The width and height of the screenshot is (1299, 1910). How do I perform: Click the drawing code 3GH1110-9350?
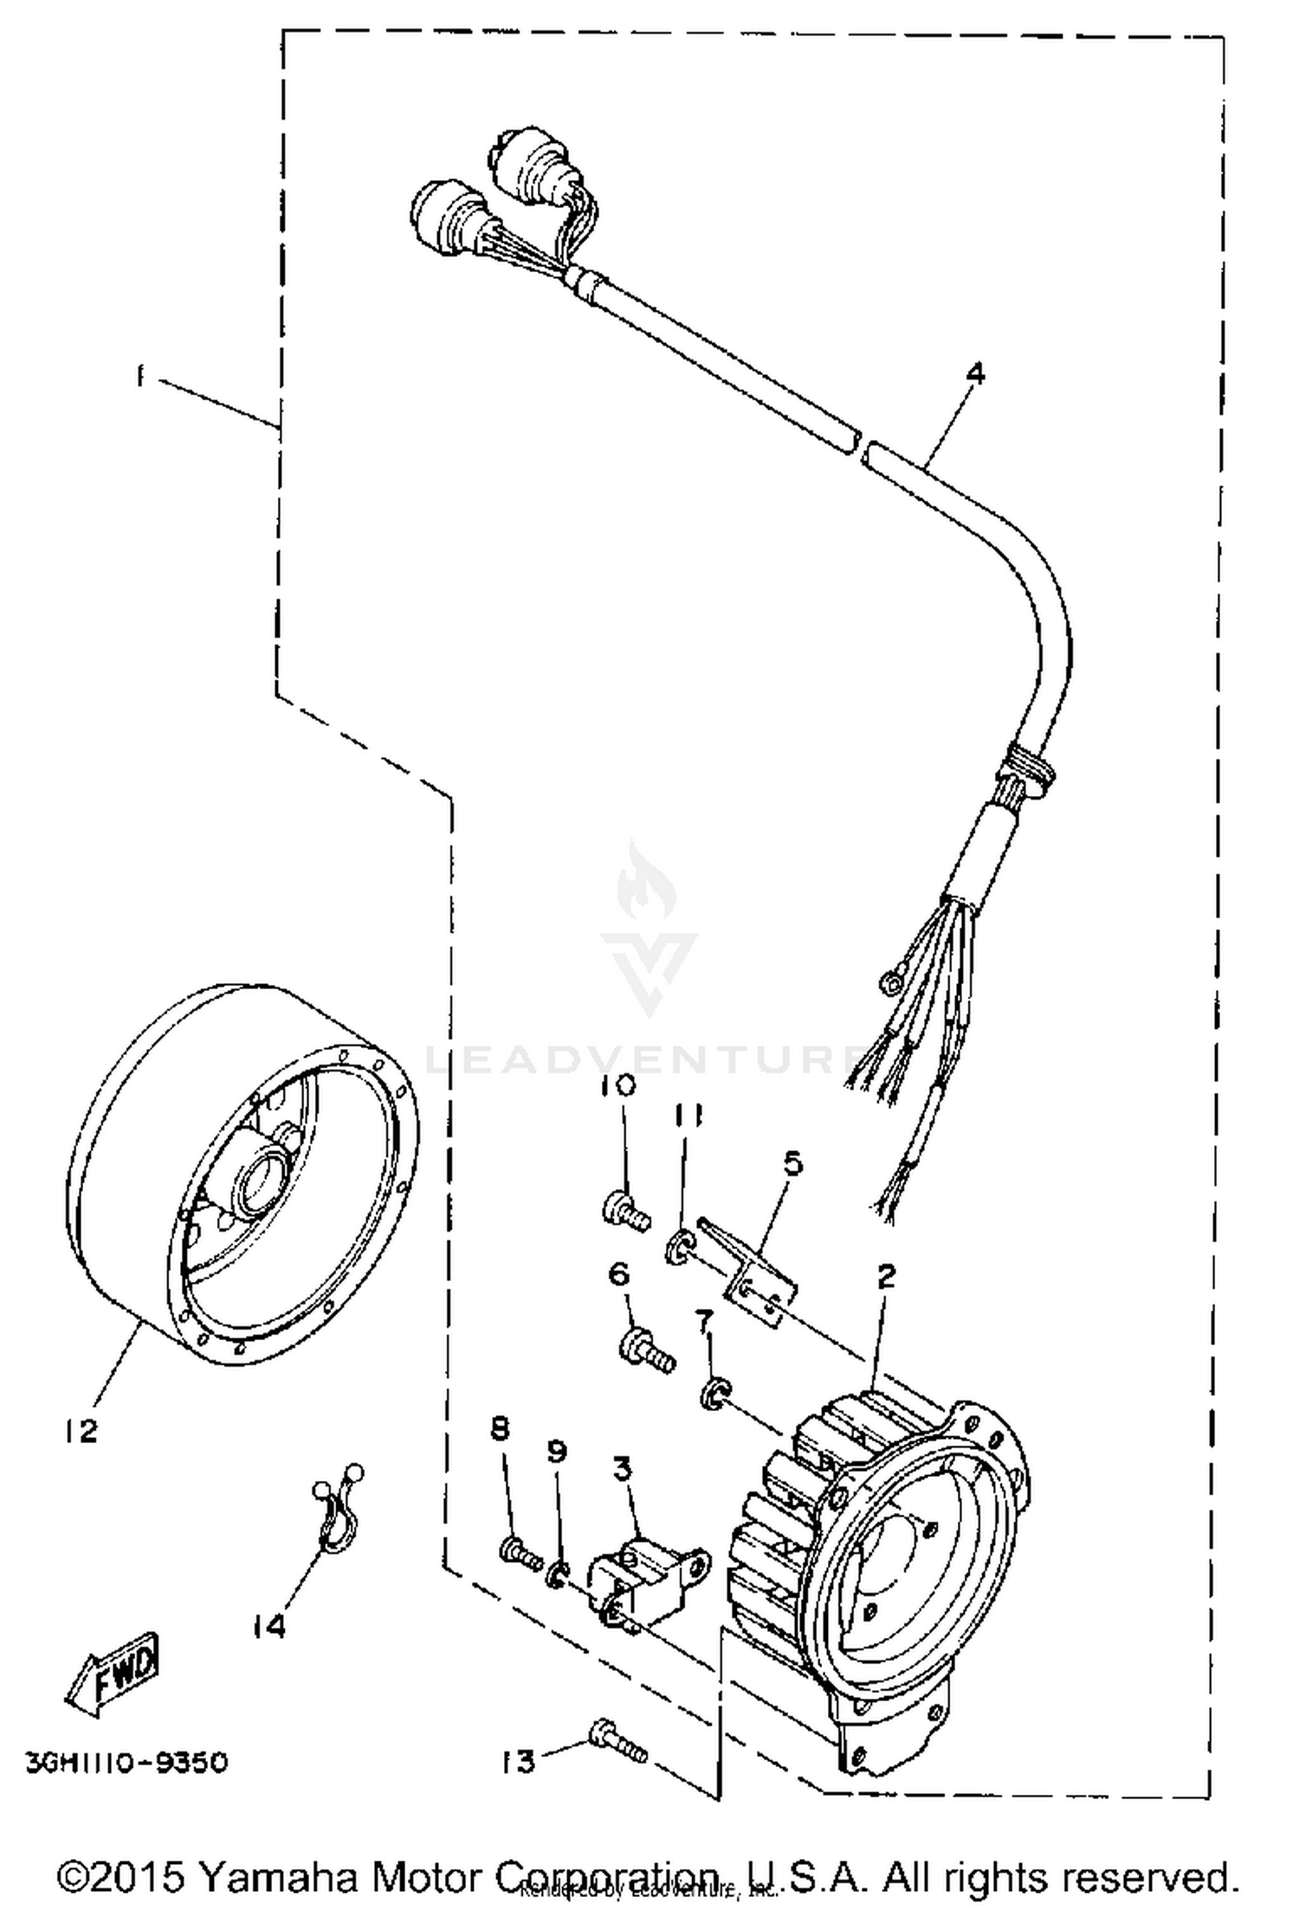126,1763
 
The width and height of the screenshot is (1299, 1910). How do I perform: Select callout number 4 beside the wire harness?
976,374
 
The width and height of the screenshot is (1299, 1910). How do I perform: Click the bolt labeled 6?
645,1352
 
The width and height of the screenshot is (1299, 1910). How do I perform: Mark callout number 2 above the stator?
886,1275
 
